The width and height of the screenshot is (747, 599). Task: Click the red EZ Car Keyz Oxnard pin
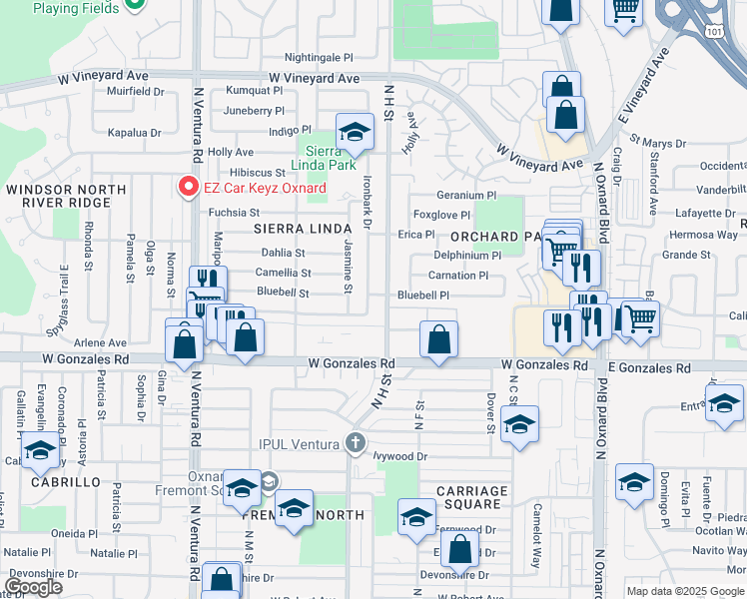[186, 187]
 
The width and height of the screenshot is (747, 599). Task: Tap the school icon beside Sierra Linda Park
[353, 131]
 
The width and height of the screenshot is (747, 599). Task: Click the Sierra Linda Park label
[323, 157]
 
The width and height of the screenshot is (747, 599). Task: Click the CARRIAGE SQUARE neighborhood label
[472, 497]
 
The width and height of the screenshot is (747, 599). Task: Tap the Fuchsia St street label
[234, 212]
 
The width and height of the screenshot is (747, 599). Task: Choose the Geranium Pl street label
[465, 196]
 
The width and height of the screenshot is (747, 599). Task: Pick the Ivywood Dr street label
[401, 456]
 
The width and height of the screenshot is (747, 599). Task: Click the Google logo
[33, 586]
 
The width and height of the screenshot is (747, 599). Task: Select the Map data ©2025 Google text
[685, 591]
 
